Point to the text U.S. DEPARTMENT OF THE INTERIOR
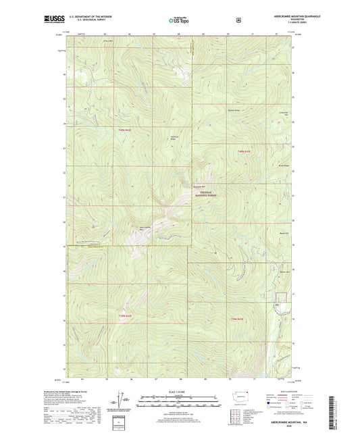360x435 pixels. click(90, 18)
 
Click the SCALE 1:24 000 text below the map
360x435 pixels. click(180, 392)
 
